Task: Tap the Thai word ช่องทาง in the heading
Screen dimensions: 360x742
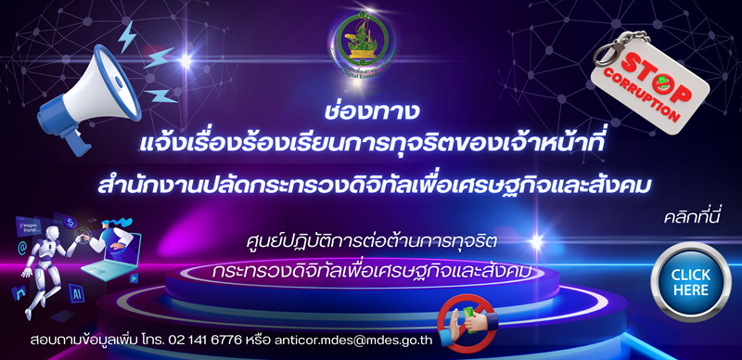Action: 372,109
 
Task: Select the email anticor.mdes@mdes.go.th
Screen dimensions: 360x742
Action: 355,338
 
